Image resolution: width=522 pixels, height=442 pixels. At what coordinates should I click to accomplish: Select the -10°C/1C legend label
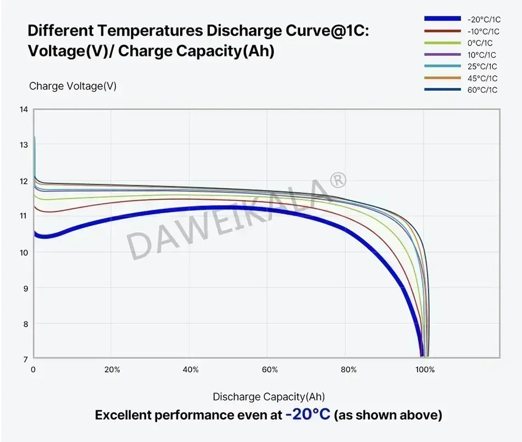tap(482, 31)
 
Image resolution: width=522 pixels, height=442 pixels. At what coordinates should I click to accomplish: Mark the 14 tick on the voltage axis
tap(23, 109)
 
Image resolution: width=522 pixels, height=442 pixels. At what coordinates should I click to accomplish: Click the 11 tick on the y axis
tap(23, 216)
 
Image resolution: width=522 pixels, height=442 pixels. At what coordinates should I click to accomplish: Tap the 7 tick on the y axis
tap(25, 359)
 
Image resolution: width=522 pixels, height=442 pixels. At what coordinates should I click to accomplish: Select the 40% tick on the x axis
tap(191, 370)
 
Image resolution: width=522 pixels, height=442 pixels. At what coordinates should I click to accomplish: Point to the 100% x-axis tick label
tap(425, 370)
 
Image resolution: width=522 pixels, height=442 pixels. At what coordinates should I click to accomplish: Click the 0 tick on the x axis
tap(34, 370)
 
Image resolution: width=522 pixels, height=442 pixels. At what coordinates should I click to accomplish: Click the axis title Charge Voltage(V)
tap(73, 86)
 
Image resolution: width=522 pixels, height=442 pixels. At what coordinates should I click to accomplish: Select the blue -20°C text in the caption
tap(308, 415)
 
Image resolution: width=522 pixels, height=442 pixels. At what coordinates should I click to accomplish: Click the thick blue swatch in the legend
tap(442, 19)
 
